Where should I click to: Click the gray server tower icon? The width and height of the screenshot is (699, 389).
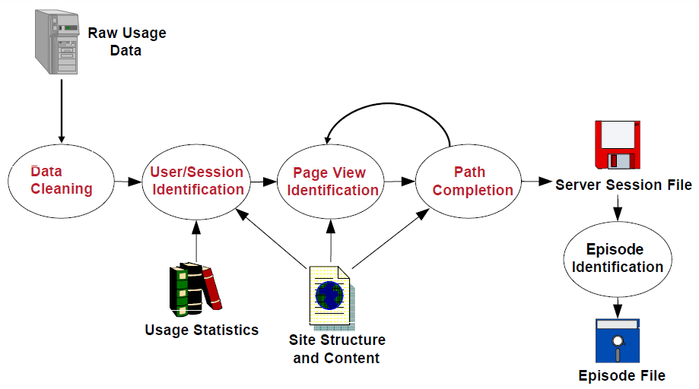(x=57, y=42)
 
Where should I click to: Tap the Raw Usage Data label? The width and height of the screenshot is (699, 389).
(x=126, y=41)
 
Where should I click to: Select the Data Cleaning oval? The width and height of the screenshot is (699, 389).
(x=61, y=181)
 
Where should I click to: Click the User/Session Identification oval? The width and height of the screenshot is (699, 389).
(x=196, y=181)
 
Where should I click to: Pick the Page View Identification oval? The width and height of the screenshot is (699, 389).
(x=330, y=181)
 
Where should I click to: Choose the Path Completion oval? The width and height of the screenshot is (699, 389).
(x=468, y=181)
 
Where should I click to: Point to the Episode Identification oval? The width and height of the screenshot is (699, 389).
(x=618, y=259)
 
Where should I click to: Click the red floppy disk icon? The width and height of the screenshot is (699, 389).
(x=618, y=144)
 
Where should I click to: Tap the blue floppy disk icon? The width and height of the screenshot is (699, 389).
(x=618, y=341)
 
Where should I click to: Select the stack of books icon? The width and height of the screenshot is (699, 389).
(x=195, y=289)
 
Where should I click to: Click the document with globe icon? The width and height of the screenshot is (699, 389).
(x=332, y=298)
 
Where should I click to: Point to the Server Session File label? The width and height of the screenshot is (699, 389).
(x=624, y=185)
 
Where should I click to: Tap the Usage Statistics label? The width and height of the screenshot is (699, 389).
(x=202, y=330)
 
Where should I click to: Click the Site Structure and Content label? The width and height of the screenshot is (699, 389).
(x=337, y=349)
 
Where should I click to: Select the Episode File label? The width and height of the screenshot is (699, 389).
(x=622, y=375)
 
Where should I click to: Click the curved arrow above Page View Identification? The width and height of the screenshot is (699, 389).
(x=389, y=103)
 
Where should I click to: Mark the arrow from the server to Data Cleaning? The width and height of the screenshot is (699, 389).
(x=62, y=111)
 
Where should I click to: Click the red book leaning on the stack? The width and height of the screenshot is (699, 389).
(x=212, y=287)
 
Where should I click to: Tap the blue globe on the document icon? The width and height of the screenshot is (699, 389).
(x=329, y=295)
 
